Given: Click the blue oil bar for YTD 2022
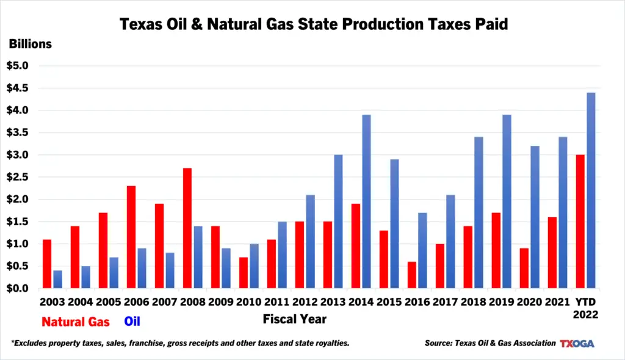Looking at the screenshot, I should coord(591,190).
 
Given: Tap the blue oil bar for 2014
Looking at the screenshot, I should coord(366,201).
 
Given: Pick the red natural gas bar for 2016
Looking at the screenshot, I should coord(412,275).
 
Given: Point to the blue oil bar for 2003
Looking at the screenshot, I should coord(57,279).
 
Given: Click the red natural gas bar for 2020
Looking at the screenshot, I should coord(524,268).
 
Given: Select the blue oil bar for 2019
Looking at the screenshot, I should coord(507,201).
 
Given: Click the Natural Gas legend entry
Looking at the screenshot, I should coord(76,321).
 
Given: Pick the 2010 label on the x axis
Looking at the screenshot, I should coord(250,302).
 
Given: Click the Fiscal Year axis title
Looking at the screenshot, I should coord(294,319).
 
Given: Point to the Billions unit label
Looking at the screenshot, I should coord(30,44).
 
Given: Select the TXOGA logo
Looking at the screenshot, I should coord(577,343).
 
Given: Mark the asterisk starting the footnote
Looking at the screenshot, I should coord(13,342).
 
